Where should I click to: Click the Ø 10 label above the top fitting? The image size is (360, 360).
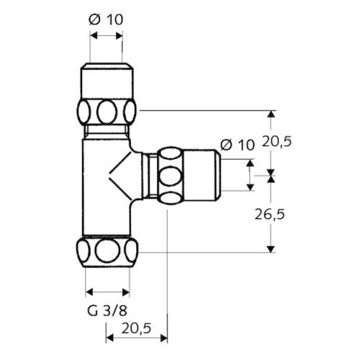106,19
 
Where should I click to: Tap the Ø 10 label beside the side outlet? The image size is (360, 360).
237,145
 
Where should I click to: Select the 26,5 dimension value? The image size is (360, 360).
269,214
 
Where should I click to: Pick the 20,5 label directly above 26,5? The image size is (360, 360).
276,141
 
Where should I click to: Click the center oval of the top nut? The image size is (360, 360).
107,112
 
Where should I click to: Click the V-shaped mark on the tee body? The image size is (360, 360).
120,176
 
